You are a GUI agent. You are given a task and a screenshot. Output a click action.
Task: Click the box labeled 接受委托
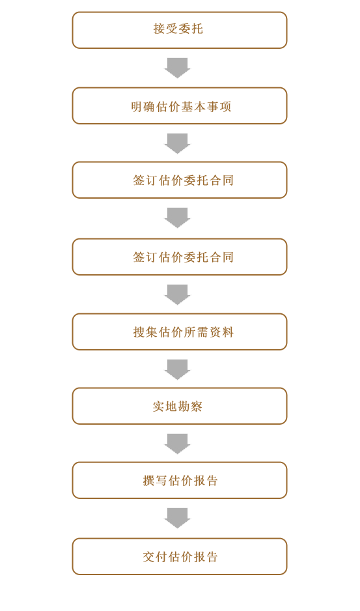(x=180, y=30)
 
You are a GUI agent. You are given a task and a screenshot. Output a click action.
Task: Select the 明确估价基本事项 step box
(x=180, y=106)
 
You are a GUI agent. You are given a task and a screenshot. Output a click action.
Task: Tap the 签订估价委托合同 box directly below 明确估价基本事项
(x=180, y=180)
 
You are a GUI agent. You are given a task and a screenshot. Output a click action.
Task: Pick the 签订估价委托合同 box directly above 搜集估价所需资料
(x=180, y=257)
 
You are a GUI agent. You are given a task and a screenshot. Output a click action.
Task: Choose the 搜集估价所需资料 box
(x=180, y=332)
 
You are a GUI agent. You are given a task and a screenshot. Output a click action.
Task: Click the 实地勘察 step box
(x=180, y=406)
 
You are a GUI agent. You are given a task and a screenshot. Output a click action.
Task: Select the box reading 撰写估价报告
(x=180, y=481)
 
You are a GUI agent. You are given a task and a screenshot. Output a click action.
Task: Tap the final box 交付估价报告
(x=180, y=556)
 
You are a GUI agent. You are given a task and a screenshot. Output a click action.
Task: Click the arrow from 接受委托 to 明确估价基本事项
(x=177, y=68)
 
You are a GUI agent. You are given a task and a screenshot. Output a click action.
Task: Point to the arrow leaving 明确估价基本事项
(x=177, y=143)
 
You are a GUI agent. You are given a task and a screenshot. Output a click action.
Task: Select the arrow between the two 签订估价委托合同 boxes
(x=177, y=218)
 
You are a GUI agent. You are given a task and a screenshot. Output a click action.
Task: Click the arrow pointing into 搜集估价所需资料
(x=177, y=294)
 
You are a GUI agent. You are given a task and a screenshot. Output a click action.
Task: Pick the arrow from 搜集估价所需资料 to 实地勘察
(x=177, y=369)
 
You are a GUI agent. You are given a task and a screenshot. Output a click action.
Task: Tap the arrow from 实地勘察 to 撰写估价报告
(x=177, y=444)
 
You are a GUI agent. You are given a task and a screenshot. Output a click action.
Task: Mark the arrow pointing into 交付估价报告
(x=177, y=519)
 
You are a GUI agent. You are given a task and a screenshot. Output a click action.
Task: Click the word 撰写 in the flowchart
(x=155, y=481)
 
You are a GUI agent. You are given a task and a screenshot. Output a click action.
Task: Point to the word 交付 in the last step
(x=155, y=557)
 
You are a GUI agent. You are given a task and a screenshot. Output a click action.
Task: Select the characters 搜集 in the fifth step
(x=145, y=332)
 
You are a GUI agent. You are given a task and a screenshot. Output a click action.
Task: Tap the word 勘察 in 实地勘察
(x=190, y=406)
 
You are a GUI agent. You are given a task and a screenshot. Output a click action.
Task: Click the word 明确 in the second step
(x=143, y=107)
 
